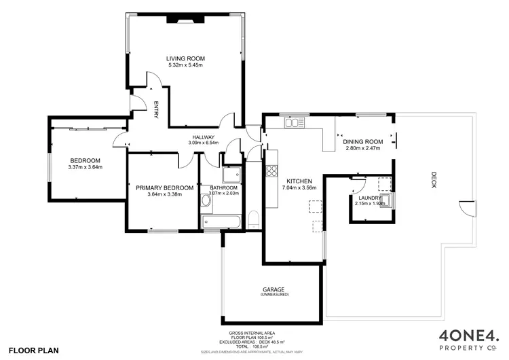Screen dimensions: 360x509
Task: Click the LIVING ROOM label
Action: (x=185, y=59)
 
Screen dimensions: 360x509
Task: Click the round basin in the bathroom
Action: (x=206, y=202)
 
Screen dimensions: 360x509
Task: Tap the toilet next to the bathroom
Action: (x=253, y=219)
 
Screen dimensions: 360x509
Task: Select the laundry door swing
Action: (x=360, y=184)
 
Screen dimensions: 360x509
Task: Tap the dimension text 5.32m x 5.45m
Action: (x=185, y=67)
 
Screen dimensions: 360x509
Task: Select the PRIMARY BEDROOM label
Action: (x=164, y=187)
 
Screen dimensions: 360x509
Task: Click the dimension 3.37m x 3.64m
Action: (x=85, y=167)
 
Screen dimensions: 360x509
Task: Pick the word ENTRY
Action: (x=155, y=110)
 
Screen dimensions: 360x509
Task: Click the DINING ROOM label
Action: (x=363, y=141)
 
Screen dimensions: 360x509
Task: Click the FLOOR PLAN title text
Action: (x=34, y=351)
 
